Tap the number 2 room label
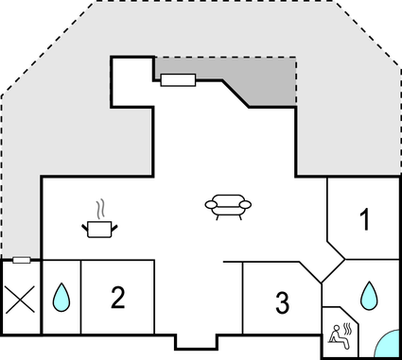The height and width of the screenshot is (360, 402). (117, 299)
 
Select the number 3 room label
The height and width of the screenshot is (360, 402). (282, 303)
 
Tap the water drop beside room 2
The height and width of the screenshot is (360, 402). (61, 299)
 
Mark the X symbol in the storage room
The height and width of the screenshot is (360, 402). (20, 301)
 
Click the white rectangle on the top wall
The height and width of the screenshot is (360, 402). (178, 80)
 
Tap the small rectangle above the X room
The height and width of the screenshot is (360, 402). (21, 259)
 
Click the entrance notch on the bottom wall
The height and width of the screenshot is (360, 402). (196, 343)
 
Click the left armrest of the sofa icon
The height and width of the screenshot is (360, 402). (209, 204)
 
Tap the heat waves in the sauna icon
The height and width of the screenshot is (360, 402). (348, 328)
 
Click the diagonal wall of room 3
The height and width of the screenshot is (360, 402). (313, 272)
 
